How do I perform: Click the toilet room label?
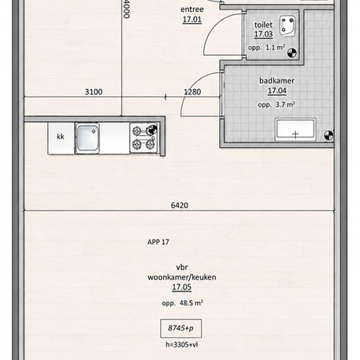(263, 25)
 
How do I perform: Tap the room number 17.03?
(263, 34)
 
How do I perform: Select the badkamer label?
(277, 81)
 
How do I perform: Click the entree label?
(192, 10)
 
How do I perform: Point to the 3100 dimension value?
(94, 92)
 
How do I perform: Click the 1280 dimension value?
(192, 92)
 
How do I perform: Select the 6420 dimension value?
(179, 206)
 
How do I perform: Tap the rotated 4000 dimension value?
(126, 9)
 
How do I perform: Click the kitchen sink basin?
(87, 138)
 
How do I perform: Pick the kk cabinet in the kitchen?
(61, 138)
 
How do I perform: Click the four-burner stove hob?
(144, 138)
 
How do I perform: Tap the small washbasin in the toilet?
(287, 26)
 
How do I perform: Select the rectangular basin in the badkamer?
(295, 129)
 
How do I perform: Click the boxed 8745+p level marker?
(181, 329)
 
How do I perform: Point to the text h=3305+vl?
(181, 344)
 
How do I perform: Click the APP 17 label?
(158, 242)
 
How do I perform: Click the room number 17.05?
(181, 287)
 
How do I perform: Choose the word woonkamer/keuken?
(181, 278)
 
